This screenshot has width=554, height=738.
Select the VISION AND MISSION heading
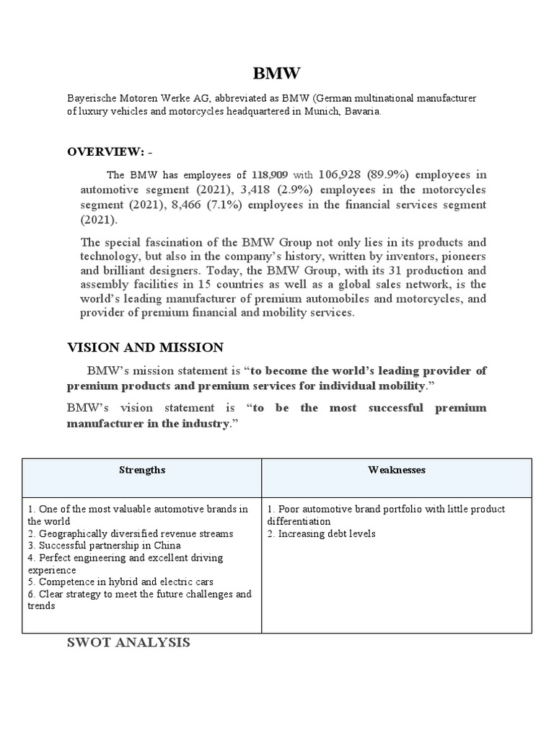pos(145,347)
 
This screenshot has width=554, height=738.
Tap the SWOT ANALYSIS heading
pos(128,641)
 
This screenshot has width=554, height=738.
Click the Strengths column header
pos(142,470)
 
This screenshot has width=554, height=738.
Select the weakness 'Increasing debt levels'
pos(321,533)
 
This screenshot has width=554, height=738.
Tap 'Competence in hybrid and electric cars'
pos(120,582)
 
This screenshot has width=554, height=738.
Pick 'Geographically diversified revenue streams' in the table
pos(131,533)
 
